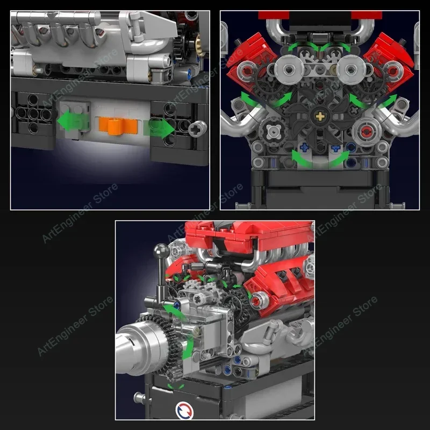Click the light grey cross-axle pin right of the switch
(198, 128)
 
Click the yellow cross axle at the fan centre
(321, 116)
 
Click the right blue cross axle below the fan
(336, 147)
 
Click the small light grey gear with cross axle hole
(198, 295)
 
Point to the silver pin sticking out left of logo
(140, 398)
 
